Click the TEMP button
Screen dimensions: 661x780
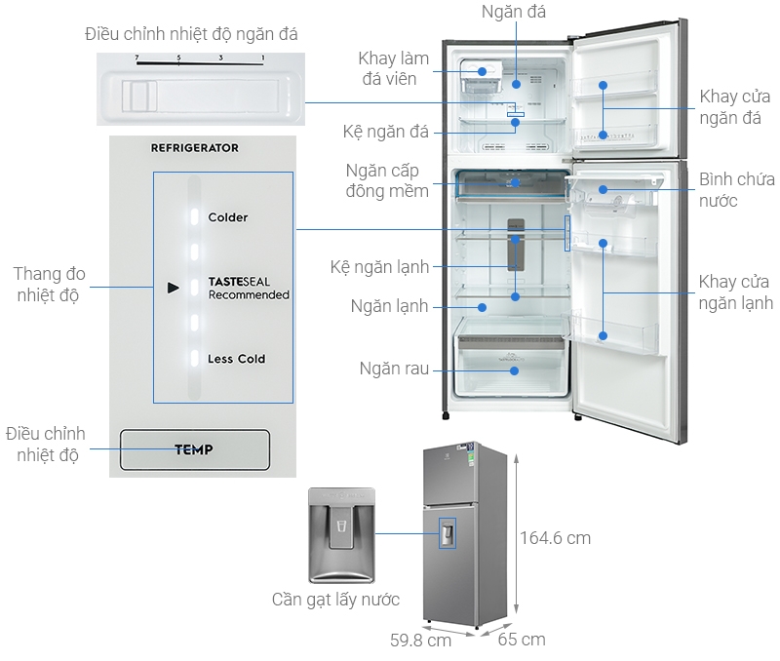point(193,450)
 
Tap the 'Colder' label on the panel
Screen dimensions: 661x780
point(227,217)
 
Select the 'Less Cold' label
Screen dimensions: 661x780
point(236,359)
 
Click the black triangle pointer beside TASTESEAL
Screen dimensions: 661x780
point(173,288)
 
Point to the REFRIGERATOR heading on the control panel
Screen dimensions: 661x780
point(194,148)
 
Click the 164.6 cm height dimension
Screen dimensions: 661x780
point(555,537)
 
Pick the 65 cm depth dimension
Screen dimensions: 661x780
point(520,640)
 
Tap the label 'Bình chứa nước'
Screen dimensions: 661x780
point(736,190)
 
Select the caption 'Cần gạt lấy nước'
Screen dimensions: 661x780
point(335,600)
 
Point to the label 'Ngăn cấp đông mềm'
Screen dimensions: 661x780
point(387,180)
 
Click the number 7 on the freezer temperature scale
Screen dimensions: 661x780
point(138,59)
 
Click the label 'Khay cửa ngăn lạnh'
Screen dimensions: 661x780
point(735,292)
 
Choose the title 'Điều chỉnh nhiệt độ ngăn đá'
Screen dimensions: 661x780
point(191,34)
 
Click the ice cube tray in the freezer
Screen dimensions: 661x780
point(480,78)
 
